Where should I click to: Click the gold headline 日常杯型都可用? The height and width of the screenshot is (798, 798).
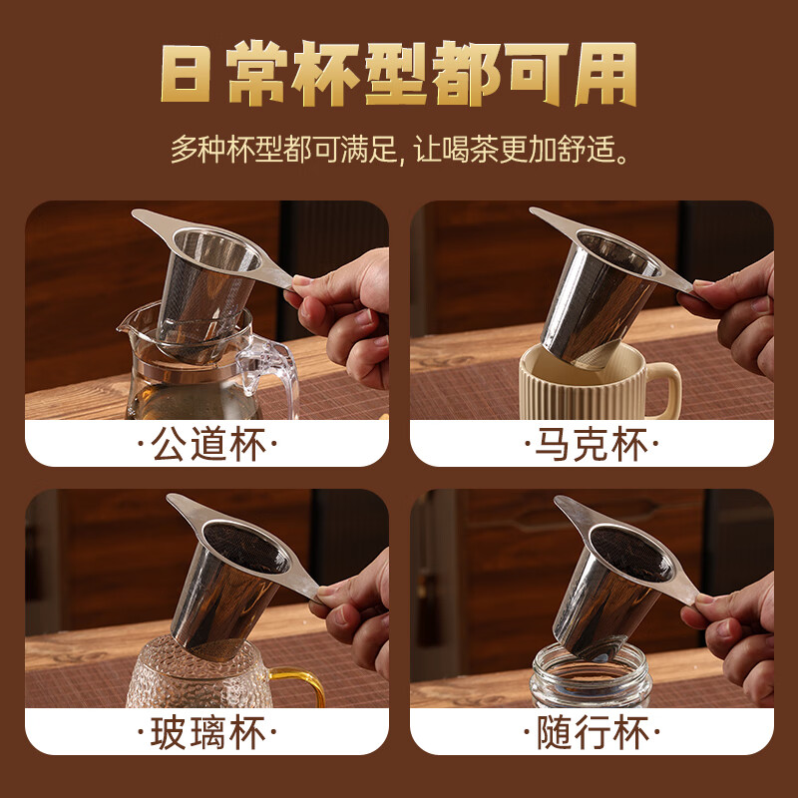[398, 74]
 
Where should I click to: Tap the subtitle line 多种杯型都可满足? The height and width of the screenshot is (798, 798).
[284, 149]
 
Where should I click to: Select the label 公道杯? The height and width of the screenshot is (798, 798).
[207, 444]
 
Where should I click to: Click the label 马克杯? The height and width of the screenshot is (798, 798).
[592, 444]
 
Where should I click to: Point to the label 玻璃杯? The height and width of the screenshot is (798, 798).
[207, 732]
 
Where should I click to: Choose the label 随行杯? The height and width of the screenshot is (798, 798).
[593, 732]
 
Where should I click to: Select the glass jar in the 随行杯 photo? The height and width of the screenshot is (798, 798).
[592, 676]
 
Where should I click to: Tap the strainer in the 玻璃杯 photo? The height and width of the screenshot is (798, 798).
[239, 576]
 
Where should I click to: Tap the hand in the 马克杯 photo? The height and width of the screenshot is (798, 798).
[733, 315]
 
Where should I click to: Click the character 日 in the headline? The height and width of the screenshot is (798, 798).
[186, 74]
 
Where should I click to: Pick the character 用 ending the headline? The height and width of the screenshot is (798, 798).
[606, 74]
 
